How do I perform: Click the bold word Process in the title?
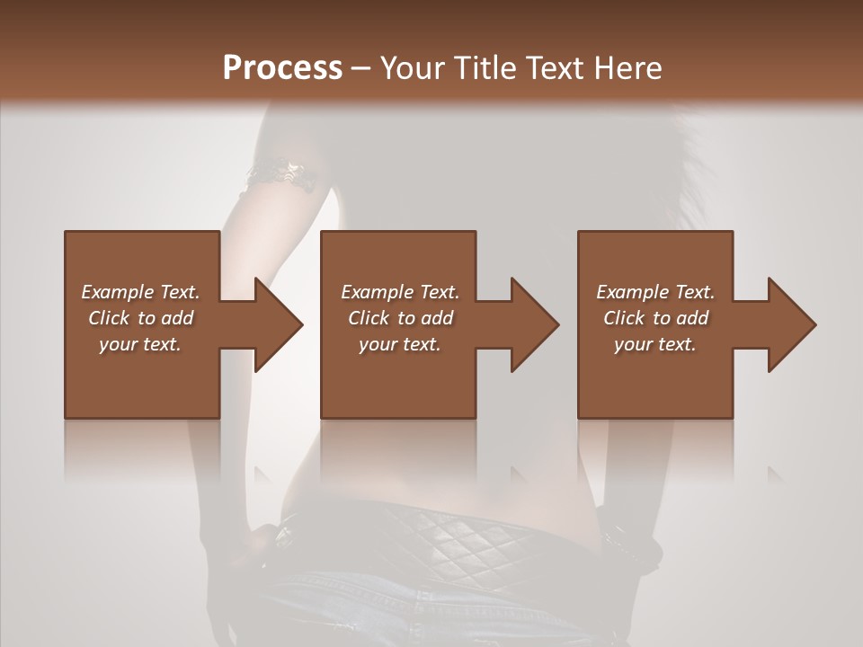coord(282,68)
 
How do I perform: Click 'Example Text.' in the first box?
coord(140,292)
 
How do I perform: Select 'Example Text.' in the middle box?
coord(400,292)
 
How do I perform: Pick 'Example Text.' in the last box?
coord(655,292)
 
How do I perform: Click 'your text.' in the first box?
coord(140,344)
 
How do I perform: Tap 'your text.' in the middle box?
coord(400,344)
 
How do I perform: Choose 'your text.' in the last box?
coord(655,344)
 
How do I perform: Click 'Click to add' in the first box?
coord(140,318)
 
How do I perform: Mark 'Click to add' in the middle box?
coord(400,318)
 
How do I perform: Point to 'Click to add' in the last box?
coord(655,318)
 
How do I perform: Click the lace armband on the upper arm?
coord(282,173)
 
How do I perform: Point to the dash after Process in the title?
coord(361,68)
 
